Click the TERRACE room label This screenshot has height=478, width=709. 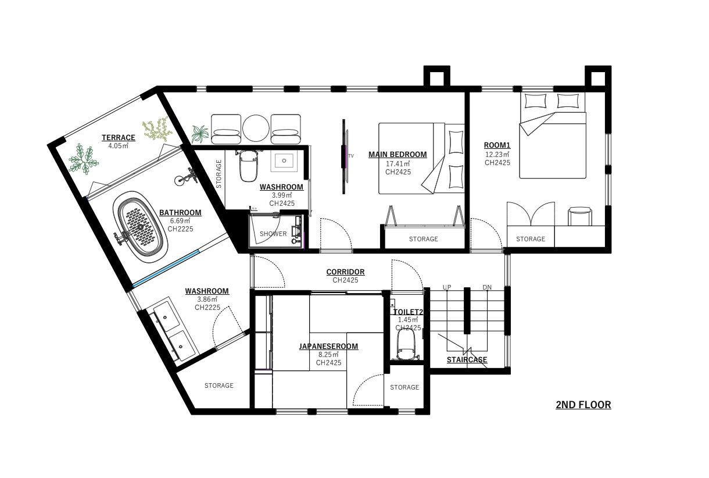point(119,137)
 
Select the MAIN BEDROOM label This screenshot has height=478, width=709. point(398,155)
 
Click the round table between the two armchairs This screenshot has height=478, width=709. point(256,129)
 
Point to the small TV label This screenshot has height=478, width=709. point(350,156)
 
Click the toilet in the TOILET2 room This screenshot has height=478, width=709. point(406,344)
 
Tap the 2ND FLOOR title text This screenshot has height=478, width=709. point(583,405)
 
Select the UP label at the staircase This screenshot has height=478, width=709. point(447,287)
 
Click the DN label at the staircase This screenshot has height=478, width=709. point(487,287)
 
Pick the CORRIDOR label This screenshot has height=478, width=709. point(345,272)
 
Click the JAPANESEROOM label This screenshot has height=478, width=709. point(328,346)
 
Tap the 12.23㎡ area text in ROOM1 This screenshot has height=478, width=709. point(497,154)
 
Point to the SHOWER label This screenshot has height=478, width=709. point(273,234)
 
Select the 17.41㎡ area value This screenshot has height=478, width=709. point(398,164)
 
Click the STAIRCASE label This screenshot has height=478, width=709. point(467,359)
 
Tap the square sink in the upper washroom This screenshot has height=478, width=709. point(284,161)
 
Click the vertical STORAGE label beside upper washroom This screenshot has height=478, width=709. point(219,174)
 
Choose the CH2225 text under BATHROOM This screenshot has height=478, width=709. point(180,229)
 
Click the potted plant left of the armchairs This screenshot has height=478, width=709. point(200,134)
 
